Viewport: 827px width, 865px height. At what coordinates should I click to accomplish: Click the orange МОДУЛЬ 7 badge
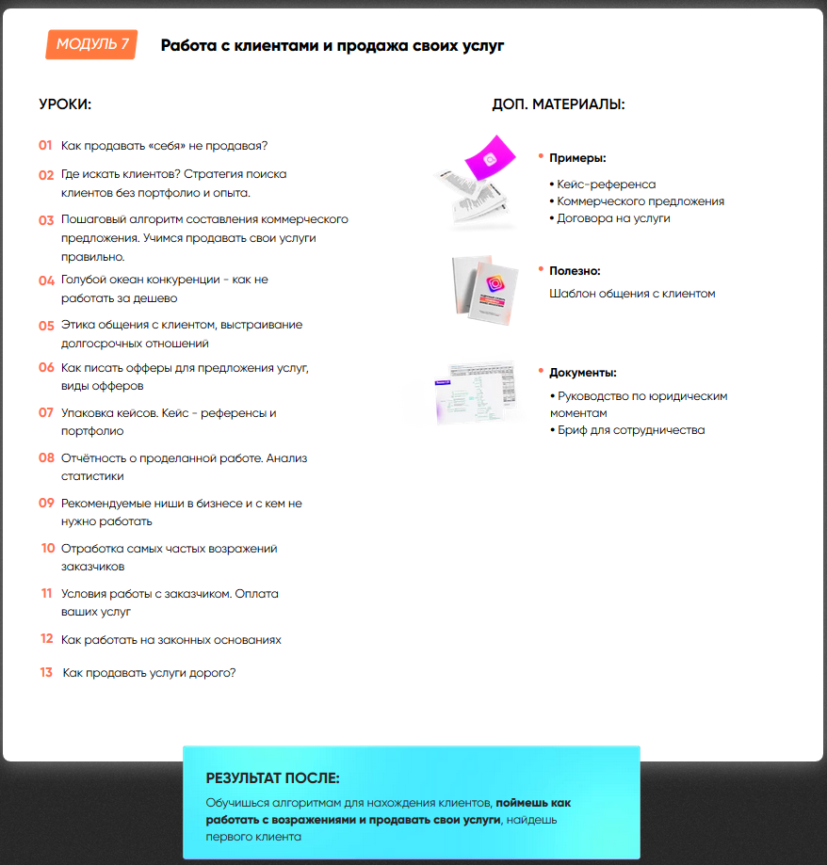91,44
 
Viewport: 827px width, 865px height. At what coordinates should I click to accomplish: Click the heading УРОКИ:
65,104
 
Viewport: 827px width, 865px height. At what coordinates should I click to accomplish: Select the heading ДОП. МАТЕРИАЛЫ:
558,104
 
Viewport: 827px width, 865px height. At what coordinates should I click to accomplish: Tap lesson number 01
45,146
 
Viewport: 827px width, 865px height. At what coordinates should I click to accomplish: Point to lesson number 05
46,326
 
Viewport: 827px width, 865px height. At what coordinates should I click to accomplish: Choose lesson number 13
46,673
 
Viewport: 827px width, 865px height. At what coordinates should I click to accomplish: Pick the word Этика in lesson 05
77,326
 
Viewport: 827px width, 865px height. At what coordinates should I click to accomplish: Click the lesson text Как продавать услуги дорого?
149,673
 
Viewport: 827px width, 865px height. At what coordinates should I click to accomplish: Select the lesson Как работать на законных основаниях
170,640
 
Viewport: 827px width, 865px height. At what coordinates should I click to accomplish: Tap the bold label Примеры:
577,158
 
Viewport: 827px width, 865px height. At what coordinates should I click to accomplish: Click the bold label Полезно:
575,271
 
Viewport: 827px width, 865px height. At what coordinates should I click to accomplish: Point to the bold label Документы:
583,373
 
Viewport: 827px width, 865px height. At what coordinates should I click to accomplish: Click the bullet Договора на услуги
613,218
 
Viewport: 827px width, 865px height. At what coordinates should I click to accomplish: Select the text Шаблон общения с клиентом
632,294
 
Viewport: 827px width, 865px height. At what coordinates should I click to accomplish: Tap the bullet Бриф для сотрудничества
630,430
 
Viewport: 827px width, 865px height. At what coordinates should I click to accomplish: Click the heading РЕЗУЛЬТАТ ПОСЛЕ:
272,778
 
